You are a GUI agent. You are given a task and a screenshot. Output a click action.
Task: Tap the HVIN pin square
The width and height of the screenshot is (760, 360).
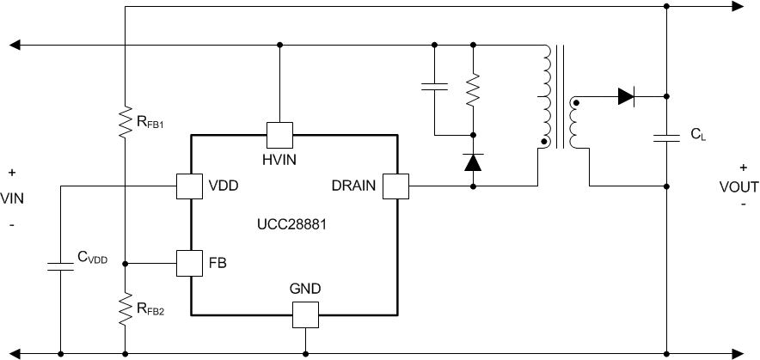click(279, 136)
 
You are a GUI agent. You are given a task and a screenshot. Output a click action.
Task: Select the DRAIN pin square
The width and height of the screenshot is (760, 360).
click(396, 185)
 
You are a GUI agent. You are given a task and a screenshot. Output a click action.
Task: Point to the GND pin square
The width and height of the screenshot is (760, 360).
click(305, 314)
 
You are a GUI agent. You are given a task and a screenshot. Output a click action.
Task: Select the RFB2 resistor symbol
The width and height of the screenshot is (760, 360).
click(126, 308)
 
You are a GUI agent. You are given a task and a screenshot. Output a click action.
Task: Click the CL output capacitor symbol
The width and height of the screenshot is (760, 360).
click(668, 138)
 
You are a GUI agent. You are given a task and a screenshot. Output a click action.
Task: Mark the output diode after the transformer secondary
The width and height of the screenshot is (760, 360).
click(625, 97)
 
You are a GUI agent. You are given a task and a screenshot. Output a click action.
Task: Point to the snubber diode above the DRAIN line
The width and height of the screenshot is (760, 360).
click(473, 161)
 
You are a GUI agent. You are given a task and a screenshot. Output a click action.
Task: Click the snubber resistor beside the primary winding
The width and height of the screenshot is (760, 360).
click(473, 89)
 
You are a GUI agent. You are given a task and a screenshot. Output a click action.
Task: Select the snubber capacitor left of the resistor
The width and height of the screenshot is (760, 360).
click(434, 85)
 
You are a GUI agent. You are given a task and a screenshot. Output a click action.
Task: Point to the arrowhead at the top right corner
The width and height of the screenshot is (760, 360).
click(736, 7)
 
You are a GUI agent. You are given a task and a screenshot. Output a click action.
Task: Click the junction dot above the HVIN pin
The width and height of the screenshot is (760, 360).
click(279, 45)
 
